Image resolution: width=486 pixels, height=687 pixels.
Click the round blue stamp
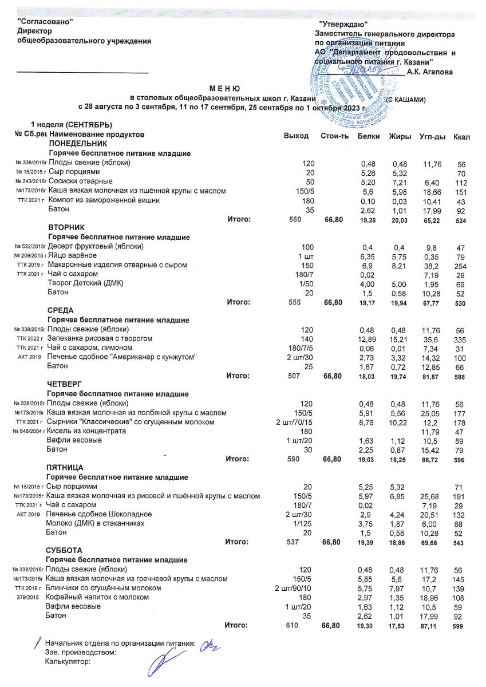[x=350, y=86]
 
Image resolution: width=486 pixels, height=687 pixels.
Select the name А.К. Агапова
[x=429, y=72]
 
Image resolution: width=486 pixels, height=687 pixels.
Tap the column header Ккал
[x=461, y=135]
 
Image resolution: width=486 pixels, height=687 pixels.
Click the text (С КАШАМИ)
[x=405, y=100]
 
